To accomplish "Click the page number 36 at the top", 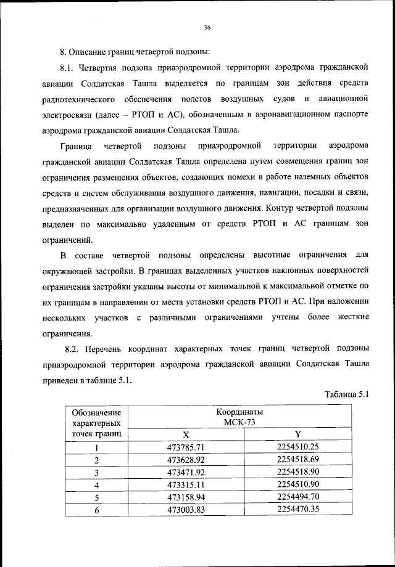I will (x=207, y=27).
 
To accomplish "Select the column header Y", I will (x=297, y=434).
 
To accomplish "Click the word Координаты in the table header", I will (x=240, y=411).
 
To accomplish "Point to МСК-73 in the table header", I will (x=240, y=422).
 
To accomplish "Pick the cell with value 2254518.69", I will (x=298, y=459).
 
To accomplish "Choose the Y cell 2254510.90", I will (x=298, y=484).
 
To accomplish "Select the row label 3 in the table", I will (x=96, y=472).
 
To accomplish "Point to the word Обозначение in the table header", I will (x=96, y=412).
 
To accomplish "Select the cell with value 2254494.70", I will (x=298, y=497).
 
